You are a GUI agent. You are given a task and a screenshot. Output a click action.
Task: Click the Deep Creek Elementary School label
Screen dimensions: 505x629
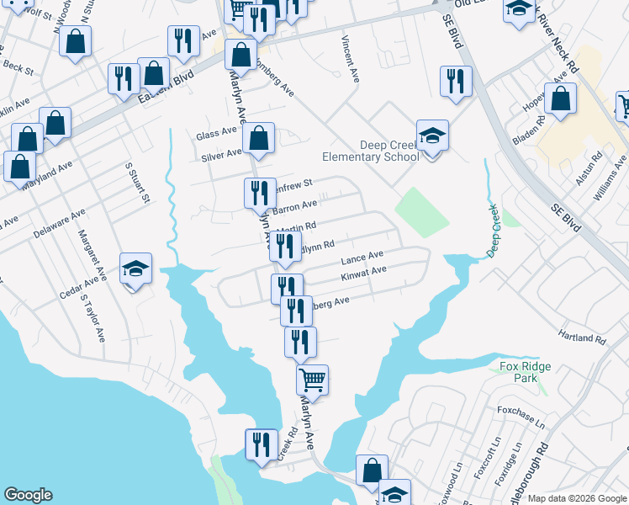pos(371,151)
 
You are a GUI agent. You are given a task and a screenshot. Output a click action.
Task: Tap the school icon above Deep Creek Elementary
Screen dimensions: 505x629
pos(432,136)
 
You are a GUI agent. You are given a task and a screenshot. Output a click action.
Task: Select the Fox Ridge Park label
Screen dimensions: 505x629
pos(518,372)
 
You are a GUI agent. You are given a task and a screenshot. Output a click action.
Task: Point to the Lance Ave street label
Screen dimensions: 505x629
pos(362,256)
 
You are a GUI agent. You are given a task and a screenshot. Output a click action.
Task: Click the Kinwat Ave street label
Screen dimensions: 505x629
pos(363,273)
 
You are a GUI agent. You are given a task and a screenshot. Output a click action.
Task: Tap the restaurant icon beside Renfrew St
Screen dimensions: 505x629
pos(260,193)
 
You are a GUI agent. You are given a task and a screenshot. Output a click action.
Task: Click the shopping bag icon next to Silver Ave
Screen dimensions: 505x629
pos(259,139)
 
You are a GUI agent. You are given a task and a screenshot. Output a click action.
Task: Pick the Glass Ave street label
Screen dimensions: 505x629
pos(217,135)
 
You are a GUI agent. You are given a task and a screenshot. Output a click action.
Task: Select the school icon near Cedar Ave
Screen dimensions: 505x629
pos(135,269)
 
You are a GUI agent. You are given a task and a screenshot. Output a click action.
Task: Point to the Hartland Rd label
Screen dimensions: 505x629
pos(582,338)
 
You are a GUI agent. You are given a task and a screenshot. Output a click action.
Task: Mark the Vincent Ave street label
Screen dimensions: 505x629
pos(351,59)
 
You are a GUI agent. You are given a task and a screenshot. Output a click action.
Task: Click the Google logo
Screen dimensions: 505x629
pos(28,495)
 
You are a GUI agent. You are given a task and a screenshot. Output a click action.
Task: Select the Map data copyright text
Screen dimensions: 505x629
pos(577,499)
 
